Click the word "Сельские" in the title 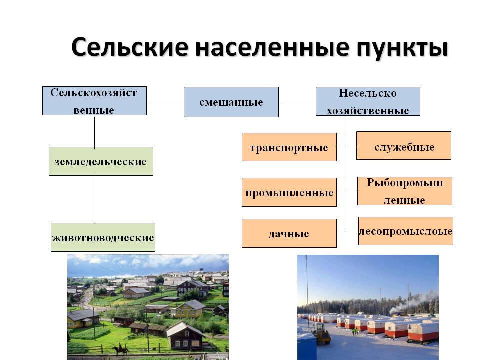point(130,47)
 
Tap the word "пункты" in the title point(402,49)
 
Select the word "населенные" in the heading point(272,48)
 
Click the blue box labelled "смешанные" point(231,102)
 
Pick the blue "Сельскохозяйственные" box point(94,101)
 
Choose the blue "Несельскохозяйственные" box point(368,101)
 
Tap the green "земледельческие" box point(101,161)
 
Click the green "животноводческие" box point(103,237)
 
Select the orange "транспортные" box point(289,147)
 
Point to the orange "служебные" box point(404,145)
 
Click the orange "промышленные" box point(289,192)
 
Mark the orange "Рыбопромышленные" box point(404,191)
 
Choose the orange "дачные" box point(289,233)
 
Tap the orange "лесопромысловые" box point(405,231)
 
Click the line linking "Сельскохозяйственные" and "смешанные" point(165,103)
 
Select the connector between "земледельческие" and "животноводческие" point(95,199)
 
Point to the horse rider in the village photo point(119,349)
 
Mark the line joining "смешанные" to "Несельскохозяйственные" point(297,103)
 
